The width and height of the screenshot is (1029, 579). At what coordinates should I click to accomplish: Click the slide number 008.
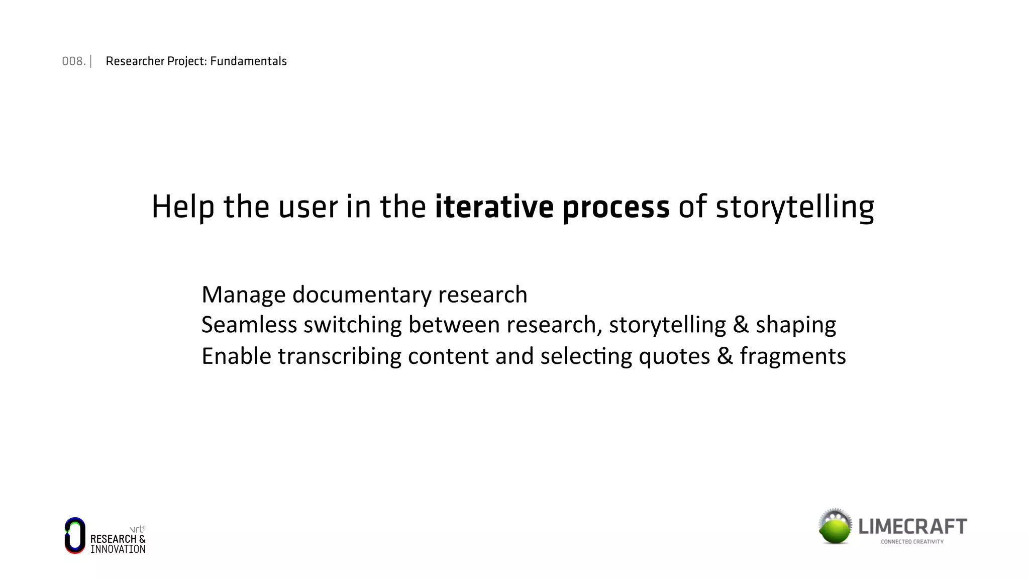coord(73,61)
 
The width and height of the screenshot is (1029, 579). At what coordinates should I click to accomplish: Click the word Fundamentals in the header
coord(248,61)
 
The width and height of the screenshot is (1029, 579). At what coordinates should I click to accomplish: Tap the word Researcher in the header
coord(135,61)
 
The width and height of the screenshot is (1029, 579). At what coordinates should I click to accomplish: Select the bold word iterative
coord(494,207)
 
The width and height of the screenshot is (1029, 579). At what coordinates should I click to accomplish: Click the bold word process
coord(615,208)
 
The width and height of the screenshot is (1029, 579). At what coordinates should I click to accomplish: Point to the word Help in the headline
coord(183,207)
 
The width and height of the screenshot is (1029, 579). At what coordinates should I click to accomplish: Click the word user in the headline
coord(307,208)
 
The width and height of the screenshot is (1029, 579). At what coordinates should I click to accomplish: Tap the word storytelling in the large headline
coord(794,208)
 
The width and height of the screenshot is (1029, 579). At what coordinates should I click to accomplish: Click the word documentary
coord(362,295)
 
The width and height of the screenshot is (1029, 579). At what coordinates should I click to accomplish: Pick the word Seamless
coord(249,325)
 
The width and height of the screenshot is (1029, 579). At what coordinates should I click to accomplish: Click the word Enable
coord(236,356)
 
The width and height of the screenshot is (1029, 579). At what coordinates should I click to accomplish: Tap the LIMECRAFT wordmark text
coord(912,527)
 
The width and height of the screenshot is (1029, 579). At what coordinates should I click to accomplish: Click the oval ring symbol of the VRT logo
coord(75,535)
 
